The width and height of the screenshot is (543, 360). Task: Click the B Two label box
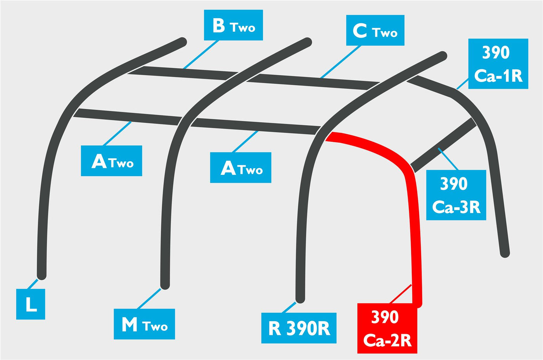(233, 25)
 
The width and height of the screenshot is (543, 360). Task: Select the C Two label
(375, 30)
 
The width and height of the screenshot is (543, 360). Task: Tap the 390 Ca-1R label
(498, 64)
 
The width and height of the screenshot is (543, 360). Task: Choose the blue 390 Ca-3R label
(456, 195)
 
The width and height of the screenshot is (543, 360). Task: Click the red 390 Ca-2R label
(387, 328)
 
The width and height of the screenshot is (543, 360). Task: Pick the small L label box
(31, 304)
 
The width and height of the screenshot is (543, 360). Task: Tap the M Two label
(144, 324)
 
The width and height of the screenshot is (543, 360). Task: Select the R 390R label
(299, 328)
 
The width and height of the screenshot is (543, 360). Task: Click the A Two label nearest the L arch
(111, 160)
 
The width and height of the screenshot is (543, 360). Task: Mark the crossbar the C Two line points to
(313, 82)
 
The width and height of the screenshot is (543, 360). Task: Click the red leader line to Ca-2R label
(400, 294)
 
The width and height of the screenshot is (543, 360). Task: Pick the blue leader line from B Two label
(201, 55)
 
